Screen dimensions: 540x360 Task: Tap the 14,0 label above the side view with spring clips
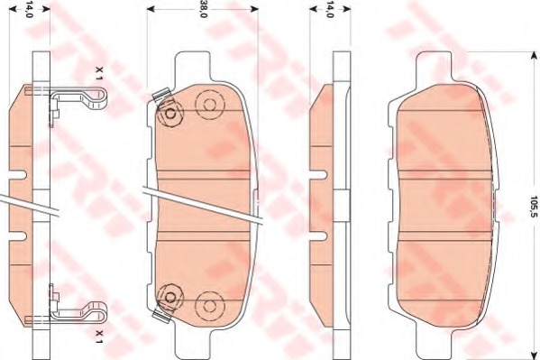point(29,9)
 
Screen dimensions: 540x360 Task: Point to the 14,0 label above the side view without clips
point(330,9)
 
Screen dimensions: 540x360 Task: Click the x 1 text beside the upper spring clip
point(99,74)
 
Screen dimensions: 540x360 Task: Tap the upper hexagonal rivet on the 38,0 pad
point(169,113)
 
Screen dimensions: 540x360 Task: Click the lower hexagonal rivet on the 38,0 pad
point(169,297)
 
